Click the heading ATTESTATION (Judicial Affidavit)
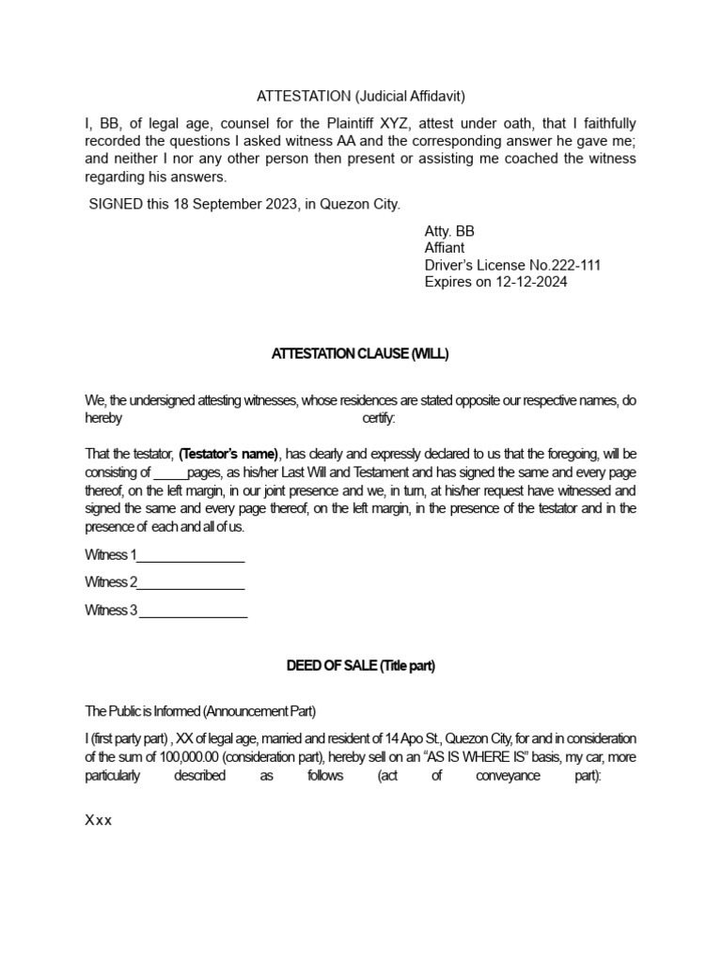coord(361,96)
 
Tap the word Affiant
coord(445,248)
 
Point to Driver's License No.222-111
coord(512,265)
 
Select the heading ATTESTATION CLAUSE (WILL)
coord(360,354)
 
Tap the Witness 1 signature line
coord(191,554)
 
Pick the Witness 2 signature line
coord(191,582)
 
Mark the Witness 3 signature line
coord(193,611)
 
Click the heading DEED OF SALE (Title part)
coord(360,666)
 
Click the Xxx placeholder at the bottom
coord(99,820)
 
